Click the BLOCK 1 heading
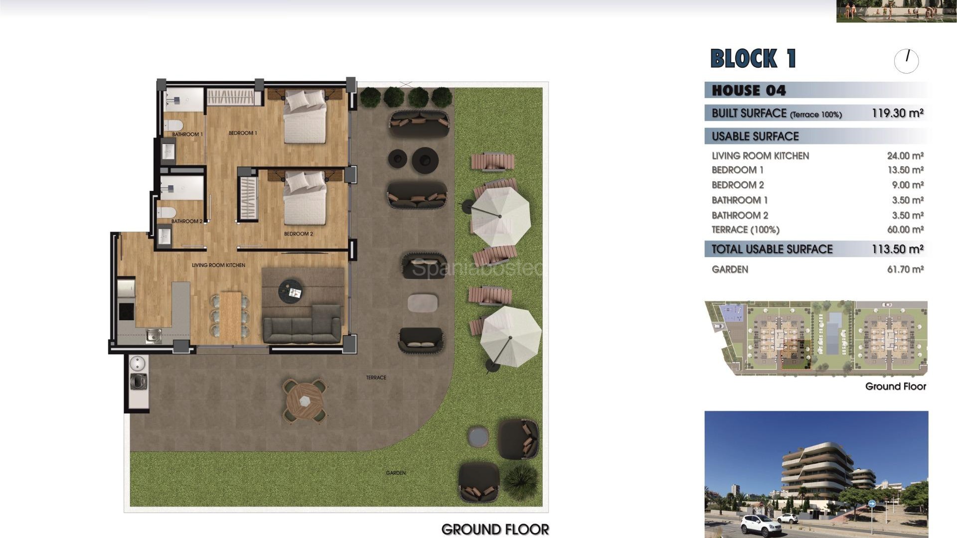point(753,59)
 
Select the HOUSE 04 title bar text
point(749,90)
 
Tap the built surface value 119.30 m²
point(897,113)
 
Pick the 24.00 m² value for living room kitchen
point(905,156)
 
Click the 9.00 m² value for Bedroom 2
point(908,185)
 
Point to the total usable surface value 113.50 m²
point(897,249)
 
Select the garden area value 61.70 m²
point(905,269)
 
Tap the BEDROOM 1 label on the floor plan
point(243,133)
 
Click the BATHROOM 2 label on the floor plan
point(187,221)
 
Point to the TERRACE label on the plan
point(376,378)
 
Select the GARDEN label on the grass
point(395,473)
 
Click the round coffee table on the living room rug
point(291,291)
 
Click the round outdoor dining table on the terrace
point(305,400)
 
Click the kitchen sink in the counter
point(154,336)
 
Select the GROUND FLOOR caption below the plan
point(494,529)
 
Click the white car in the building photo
point(761,525)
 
